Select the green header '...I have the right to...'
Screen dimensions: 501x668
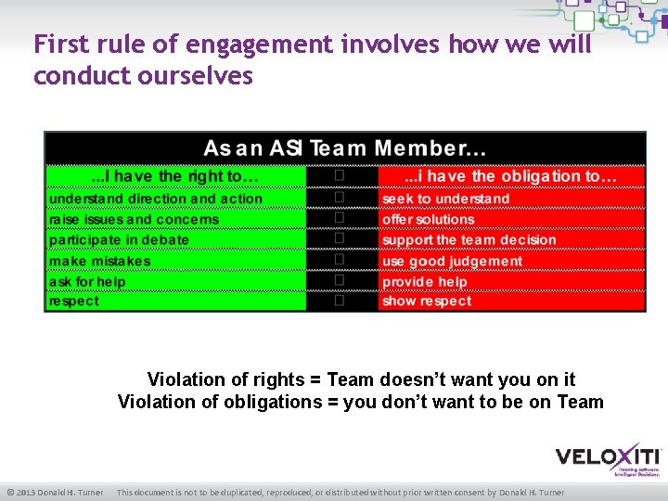(x=174, y=176)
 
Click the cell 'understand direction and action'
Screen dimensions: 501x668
(x=156, y=199)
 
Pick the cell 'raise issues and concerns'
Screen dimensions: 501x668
(x=135, y=220)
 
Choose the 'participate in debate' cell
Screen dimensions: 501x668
(x=119, y=239)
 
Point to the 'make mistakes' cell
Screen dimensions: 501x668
(x=99, y=261)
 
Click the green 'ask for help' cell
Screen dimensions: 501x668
(x=87, y=281)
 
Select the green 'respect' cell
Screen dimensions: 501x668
(x=74, y=302)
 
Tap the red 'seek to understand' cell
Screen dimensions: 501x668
(x=445, y=199)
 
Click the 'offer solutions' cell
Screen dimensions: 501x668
(x=428, y=220)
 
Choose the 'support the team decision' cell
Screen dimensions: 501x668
(x=469, y=239)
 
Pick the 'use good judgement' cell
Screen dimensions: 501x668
(x=452, y=261)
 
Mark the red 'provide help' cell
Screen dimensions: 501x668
(x=425, y=281)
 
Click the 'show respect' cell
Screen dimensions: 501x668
(x=427, y=302)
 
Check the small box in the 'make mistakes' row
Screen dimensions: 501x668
(x=340, y=260)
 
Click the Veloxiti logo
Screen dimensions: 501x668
(x=608, y=457)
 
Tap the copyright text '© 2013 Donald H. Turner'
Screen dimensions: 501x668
(x=55, y=492)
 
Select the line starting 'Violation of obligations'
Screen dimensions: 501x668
(x=360, y=402)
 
